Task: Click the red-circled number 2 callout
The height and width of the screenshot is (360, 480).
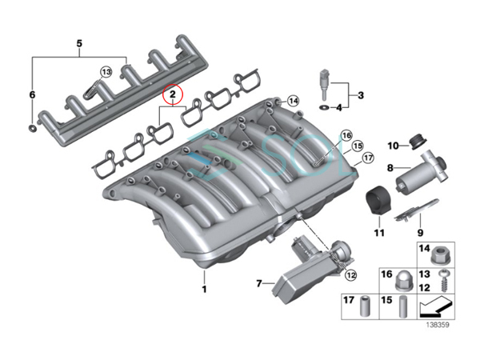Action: click(172, 94)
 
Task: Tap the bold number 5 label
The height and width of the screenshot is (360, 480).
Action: click(79, 43)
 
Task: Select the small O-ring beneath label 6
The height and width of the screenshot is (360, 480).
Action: click(33, 128)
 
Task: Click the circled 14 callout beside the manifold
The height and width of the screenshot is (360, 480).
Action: click(294, 101)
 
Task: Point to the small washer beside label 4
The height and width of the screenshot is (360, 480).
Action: click(324, 107)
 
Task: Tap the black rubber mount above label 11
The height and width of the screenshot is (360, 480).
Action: click(378, 201)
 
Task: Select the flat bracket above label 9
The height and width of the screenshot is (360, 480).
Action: click(416, 210)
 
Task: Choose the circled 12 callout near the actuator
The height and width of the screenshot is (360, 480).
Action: click(351, 275)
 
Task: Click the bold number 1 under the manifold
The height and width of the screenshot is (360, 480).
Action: click(205, 289)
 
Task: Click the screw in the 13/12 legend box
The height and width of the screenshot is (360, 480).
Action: click(442, 281)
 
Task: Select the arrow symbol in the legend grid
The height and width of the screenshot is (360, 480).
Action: click(436, 307)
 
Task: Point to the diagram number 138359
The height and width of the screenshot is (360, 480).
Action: click(438, 325)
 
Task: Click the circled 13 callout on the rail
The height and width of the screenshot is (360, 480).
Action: click(106, 72)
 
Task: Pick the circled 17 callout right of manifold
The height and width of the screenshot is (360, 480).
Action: click(368, 158)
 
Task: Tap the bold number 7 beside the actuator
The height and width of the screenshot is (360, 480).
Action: click(259, 284)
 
